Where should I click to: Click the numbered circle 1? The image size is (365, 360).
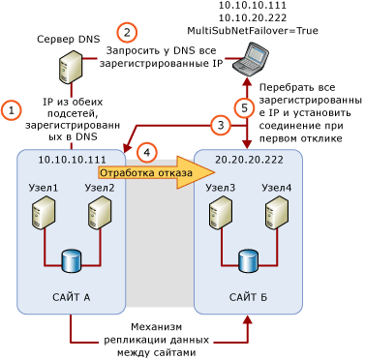pyautogui.click(x=11, y=110)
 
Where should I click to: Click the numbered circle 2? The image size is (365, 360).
pyautogui.click(x=127, y=32)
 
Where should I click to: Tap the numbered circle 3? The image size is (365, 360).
pyautogui.click(x=221, y=125)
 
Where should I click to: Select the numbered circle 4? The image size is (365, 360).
pyautogui.click(x=146, y=152)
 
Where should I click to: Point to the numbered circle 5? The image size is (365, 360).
pyautogui.click(x=246, y=106)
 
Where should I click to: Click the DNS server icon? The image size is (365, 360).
pyautogui.click(x=70, y=68)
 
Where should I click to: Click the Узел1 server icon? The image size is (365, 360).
pyautogui.click(x=44, y=212)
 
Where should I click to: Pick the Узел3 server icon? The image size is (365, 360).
pyautogui.click(x=220, y=212)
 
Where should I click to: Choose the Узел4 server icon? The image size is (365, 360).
pyautogui.click(x=277, y=212)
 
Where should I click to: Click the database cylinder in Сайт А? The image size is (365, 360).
pyautogui.click(x=72, y=261)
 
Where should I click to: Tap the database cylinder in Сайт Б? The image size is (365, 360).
pyautogui.click(x=248, y=261)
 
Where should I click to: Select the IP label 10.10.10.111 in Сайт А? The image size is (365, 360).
pyautogui.click(x=72, y=161)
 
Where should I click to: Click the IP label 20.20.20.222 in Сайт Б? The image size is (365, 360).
pyautogui.click(x=249, y=161)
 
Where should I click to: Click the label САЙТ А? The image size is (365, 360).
pyautogui.click(x=72, y=297)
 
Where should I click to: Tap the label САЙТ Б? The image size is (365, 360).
pyautogui.click(x=249, y=297)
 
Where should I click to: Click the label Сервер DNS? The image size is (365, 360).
pyautogui.click(x=68, y=40)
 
